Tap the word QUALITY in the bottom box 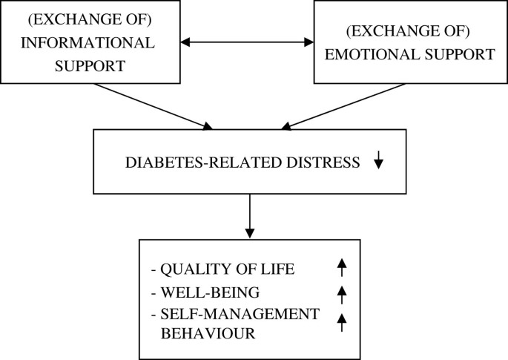pos(192,269)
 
